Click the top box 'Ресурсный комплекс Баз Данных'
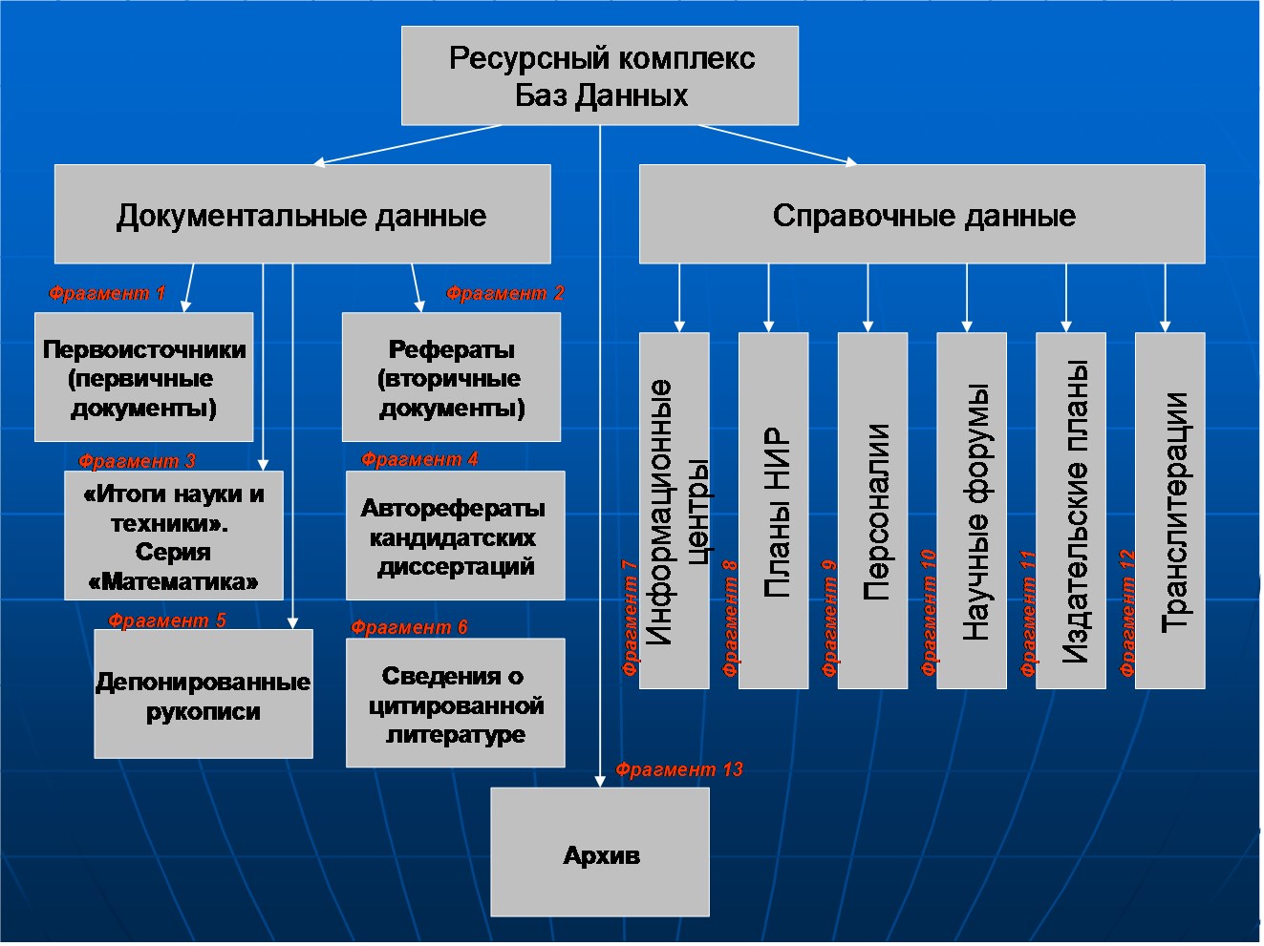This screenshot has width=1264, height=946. [599, 75]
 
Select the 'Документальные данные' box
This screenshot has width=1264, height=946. [302, 214]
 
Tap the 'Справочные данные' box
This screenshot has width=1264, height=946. [922, 214]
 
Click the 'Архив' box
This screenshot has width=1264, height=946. [600, 852]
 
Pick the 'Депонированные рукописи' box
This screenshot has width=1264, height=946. [204, 694]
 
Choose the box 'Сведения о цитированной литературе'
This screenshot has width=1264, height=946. [455, 704]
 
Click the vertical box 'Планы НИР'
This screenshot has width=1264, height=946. [774, 511]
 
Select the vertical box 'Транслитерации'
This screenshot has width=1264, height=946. [1170, 511]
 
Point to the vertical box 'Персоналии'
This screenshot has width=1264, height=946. [873, 511]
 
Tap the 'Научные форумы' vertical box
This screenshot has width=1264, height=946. [972, 511]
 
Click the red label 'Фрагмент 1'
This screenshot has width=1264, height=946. [107, 293]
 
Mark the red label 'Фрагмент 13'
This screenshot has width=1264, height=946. [678, 769]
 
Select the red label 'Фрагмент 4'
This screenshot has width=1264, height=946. [419, 459]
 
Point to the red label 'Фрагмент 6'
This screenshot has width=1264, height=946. [409, 627]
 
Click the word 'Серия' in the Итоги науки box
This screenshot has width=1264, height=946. [173, 552]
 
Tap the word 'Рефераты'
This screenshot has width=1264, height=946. [452, 349]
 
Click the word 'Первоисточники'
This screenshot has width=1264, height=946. [144, 349]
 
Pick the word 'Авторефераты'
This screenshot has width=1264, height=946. [453, 508]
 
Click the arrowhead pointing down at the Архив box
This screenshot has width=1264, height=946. [600, 781]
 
